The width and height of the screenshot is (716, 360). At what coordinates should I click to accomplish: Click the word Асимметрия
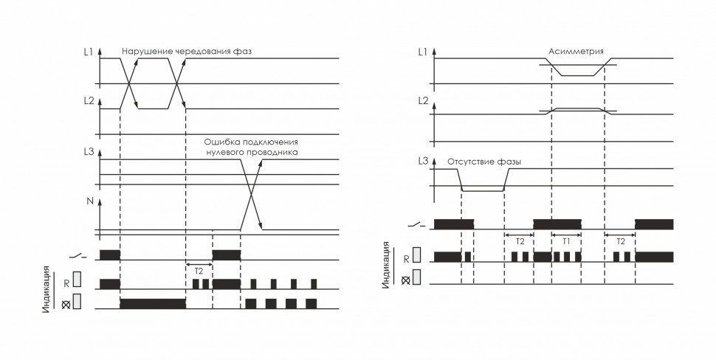(576, 52)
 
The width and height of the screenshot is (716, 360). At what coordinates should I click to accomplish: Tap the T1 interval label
(566, 241)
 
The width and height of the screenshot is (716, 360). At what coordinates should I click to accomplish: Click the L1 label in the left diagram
(89, 53)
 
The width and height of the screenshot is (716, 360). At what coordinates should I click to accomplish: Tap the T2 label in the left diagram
(198, 271)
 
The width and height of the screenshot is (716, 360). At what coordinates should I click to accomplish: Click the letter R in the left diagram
(66, 283)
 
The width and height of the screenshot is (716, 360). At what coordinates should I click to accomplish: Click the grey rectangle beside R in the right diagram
(417, 256)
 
